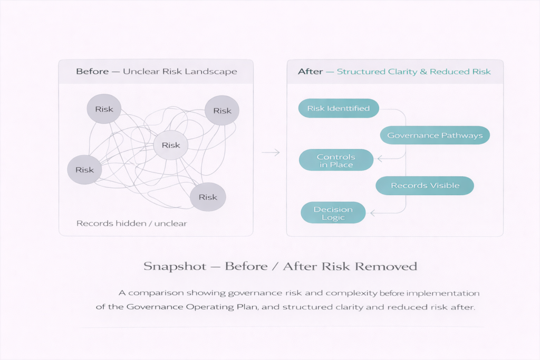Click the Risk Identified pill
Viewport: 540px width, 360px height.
point(339,109)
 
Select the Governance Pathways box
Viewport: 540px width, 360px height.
point(435,135)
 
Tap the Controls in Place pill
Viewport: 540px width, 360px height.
point(336,161)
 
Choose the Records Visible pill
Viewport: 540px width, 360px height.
point(425,186)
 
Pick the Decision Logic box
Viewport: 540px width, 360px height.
point(333,213)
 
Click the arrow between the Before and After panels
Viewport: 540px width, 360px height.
point(271,152)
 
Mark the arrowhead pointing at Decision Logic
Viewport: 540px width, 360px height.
point(372,213)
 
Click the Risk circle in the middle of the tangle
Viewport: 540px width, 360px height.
point(171,145)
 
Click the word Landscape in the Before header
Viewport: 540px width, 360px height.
point(215,72)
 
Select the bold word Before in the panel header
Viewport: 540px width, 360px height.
point(92,72)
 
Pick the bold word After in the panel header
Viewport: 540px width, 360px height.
point(310,72)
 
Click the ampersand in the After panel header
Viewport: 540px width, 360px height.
point(423,72)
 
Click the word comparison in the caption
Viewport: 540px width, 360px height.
point(157,293)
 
